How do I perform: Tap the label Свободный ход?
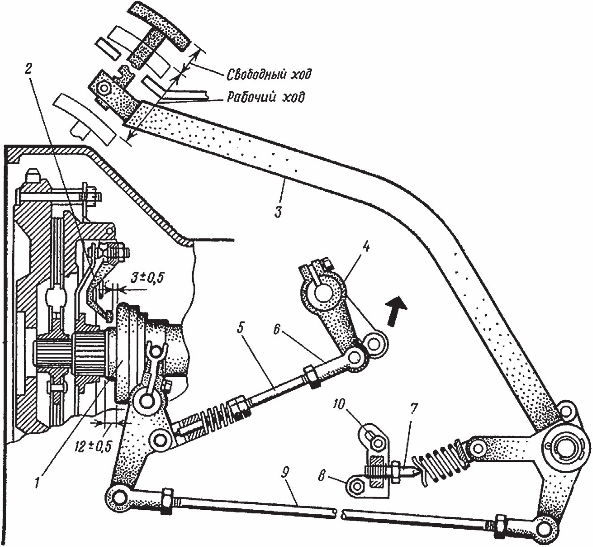[x=268, y=74]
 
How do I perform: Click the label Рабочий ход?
[x=266, y=97]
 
